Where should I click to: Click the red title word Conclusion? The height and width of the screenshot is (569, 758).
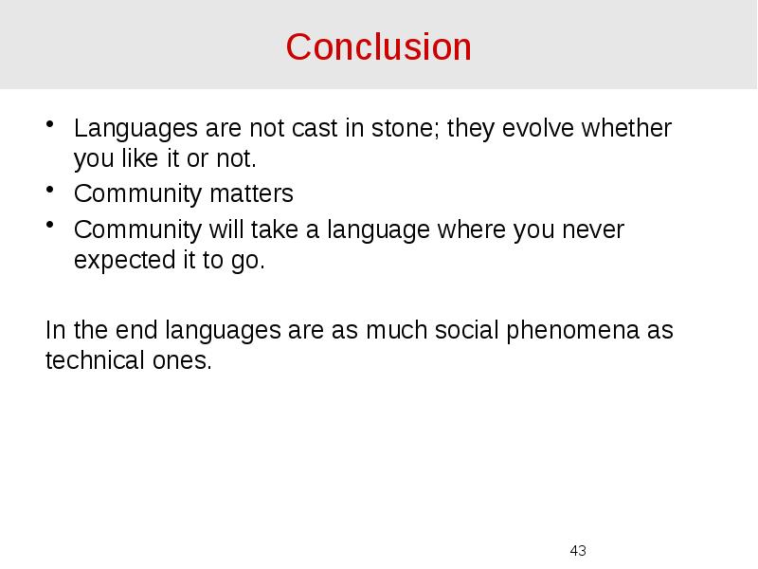378,46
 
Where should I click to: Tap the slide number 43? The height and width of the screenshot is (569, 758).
578,550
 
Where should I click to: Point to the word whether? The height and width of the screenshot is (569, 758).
629,129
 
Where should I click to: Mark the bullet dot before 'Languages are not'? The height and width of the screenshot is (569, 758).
50,124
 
